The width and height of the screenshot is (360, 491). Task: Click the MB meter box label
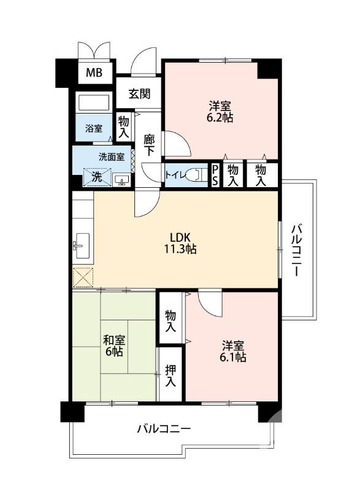(x=94, y=73)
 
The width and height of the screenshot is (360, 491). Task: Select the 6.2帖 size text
(x=220, y=117)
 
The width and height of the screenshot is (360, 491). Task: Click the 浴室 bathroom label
(x=93, y=129)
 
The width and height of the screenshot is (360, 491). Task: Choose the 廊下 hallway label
(x=149, y=145)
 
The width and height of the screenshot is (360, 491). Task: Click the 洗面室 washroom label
(x=112, y=156)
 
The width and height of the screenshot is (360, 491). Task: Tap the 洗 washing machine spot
(x=97, y=176)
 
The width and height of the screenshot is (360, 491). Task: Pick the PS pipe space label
(x=216, y=174)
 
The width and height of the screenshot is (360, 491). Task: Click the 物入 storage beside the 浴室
(x=124, y=126)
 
